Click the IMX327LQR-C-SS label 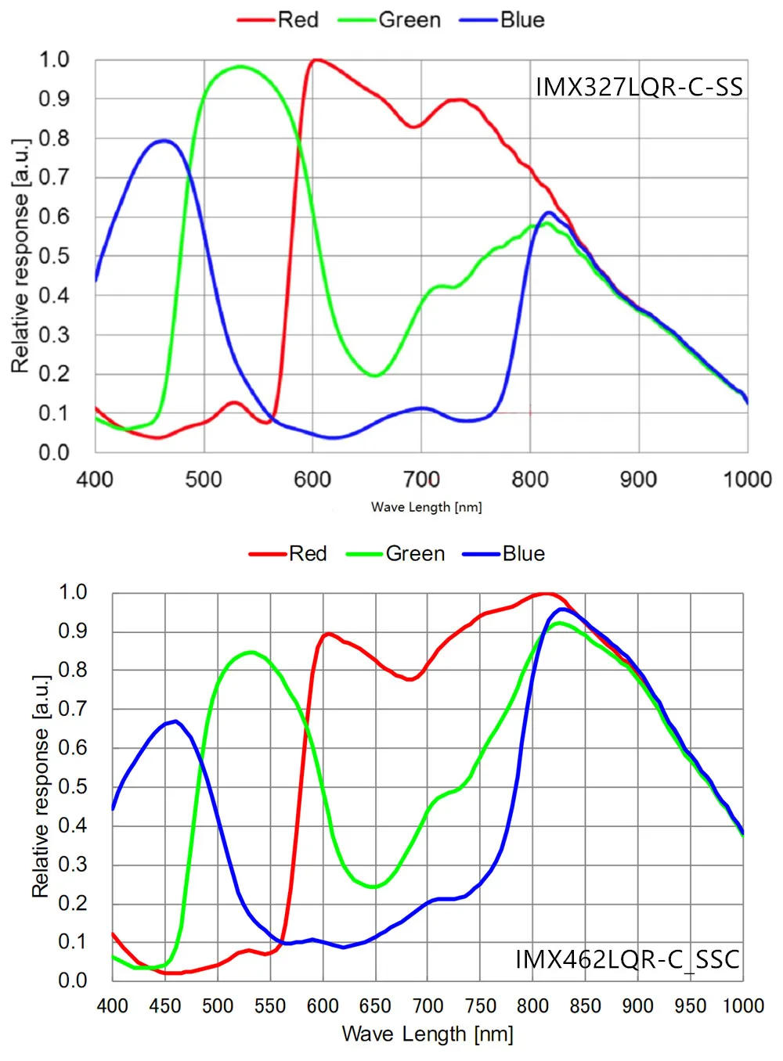click(639, 87)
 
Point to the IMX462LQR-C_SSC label click(627, 959)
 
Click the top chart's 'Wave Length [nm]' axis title click(427, 507)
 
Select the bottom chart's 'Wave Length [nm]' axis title click(428, 1034)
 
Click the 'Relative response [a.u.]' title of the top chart click(20, 255)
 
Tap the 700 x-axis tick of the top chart click(421, 479)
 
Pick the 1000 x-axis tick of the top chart click(747, 479)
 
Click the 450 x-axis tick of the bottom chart click(165, 1005)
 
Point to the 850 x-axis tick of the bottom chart click(586, 1005)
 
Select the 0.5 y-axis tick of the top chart click(54, 256)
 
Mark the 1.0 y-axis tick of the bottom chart click(73, 592)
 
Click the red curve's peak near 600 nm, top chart click(316, 59)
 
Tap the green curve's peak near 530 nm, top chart click(240, 67)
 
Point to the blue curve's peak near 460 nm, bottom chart click(176, 721)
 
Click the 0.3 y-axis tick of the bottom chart click(73, 864)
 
